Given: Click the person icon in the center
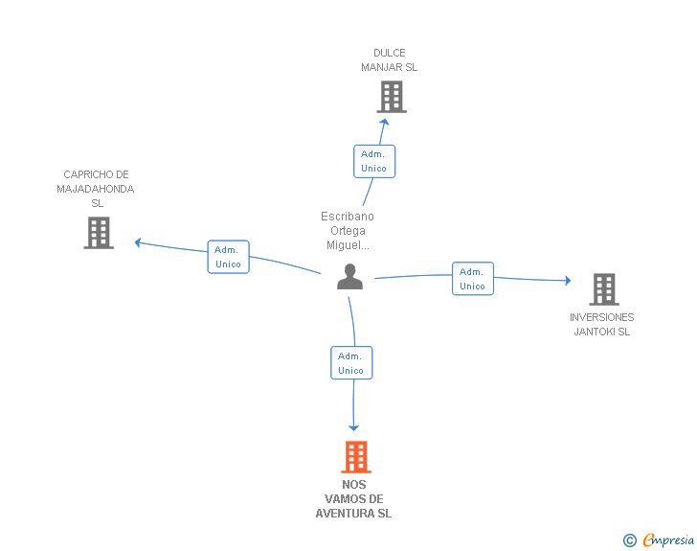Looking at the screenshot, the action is (349, 277).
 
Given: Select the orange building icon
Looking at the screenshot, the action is (356, 457).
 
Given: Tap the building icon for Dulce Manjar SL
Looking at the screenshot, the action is (392, 97).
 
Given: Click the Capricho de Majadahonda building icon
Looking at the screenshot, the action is (99, 233).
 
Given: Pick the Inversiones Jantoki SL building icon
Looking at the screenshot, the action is (604, 289).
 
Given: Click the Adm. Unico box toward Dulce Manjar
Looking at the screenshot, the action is (374, 162).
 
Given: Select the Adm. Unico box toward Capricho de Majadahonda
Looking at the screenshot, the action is (229, 257).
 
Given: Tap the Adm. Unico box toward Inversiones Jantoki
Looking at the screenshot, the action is (473, 279).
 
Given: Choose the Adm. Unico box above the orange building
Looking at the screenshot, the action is (351, 363).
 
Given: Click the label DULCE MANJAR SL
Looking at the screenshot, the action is (390, 60).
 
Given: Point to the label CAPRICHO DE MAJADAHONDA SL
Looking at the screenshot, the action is (96, 189).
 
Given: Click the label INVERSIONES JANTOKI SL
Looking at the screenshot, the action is (602, 325).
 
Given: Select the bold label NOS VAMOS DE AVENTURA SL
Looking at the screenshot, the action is (354, 499).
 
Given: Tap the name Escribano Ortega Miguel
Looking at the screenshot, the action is (348, 231).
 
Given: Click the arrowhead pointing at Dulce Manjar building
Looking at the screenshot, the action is (385, 122).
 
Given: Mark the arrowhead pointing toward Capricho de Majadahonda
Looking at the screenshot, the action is (138, 242).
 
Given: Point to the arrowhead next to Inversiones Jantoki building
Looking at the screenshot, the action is (568, 281).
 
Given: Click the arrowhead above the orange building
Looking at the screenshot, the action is (354, 428).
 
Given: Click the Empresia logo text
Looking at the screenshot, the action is (668, 540).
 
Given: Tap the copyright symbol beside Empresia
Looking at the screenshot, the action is (630, 540).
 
